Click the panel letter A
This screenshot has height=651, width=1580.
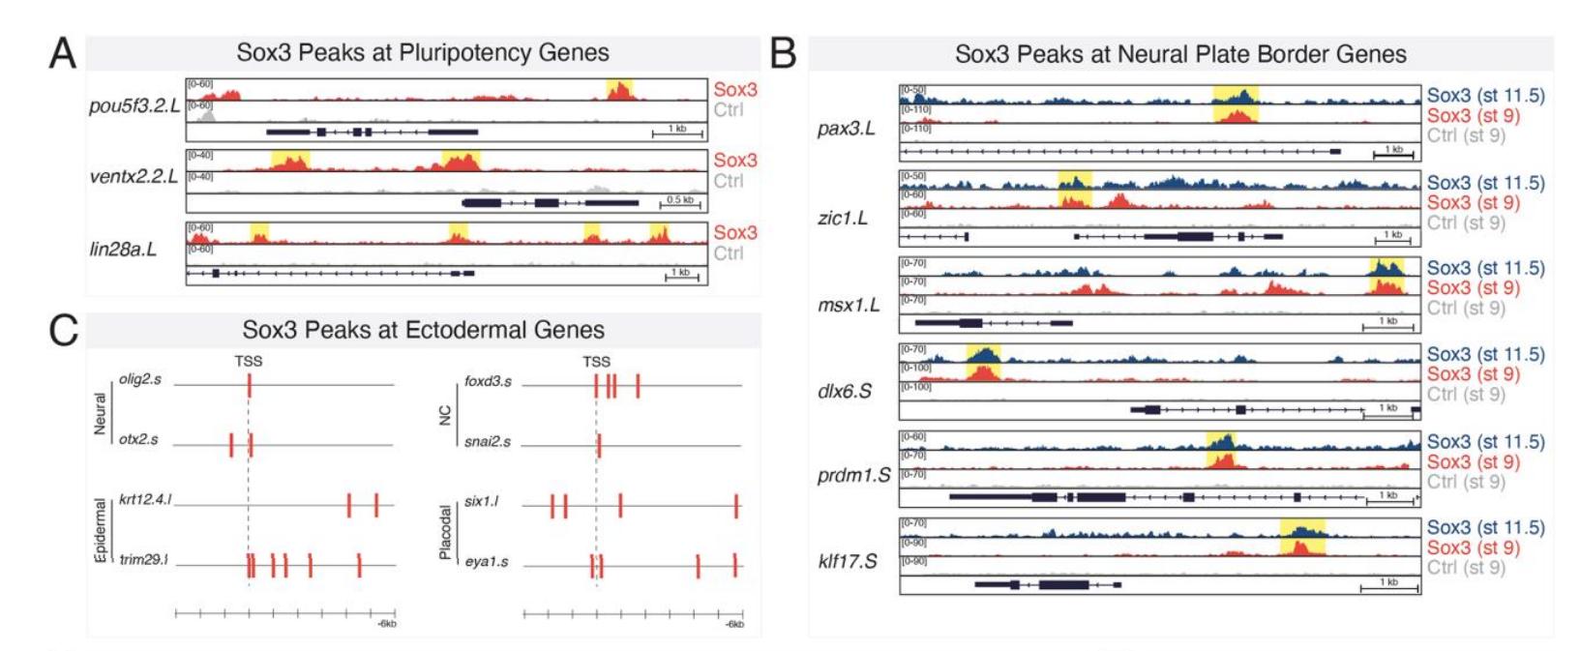(63, 53)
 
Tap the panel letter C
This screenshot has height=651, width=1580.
(63, 330)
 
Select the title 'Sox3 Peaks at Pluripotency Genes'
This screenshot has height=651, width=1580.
(423, 52)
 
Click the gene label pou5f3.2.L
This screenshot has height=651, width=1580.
(134, 105)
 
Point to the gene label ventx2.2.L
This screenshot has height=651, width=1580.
(134, 176)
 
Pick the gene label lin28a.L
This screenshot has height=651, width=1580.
(123, 249)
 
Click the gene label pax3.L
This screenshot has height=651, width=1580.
(846, 128)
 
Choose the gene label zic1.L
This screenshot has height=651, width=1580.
(842, 218)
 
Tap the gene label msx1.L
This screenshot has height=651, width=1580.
(849, 306)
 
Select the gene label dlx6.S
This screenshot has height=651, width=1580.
(844, 391)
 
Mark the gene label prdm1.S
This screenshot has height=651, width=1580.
(852, 476)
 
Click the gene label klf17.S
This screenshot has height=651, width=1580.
(848, 561)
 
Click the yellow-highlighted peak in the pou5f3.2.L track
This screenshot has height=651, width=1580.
(619, 90)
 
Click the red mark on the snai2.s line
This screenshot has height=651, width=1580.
(599, 445)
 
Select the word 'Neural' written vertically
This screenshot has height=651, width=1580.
(101, 413)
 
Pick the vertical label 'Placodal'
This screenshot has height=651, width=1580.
(446, 532)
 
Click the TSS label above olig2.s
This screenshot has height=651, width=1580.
(248, 361)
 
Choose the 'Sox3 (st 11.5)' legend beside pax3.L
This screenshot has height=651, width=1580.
(1485, 95)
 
